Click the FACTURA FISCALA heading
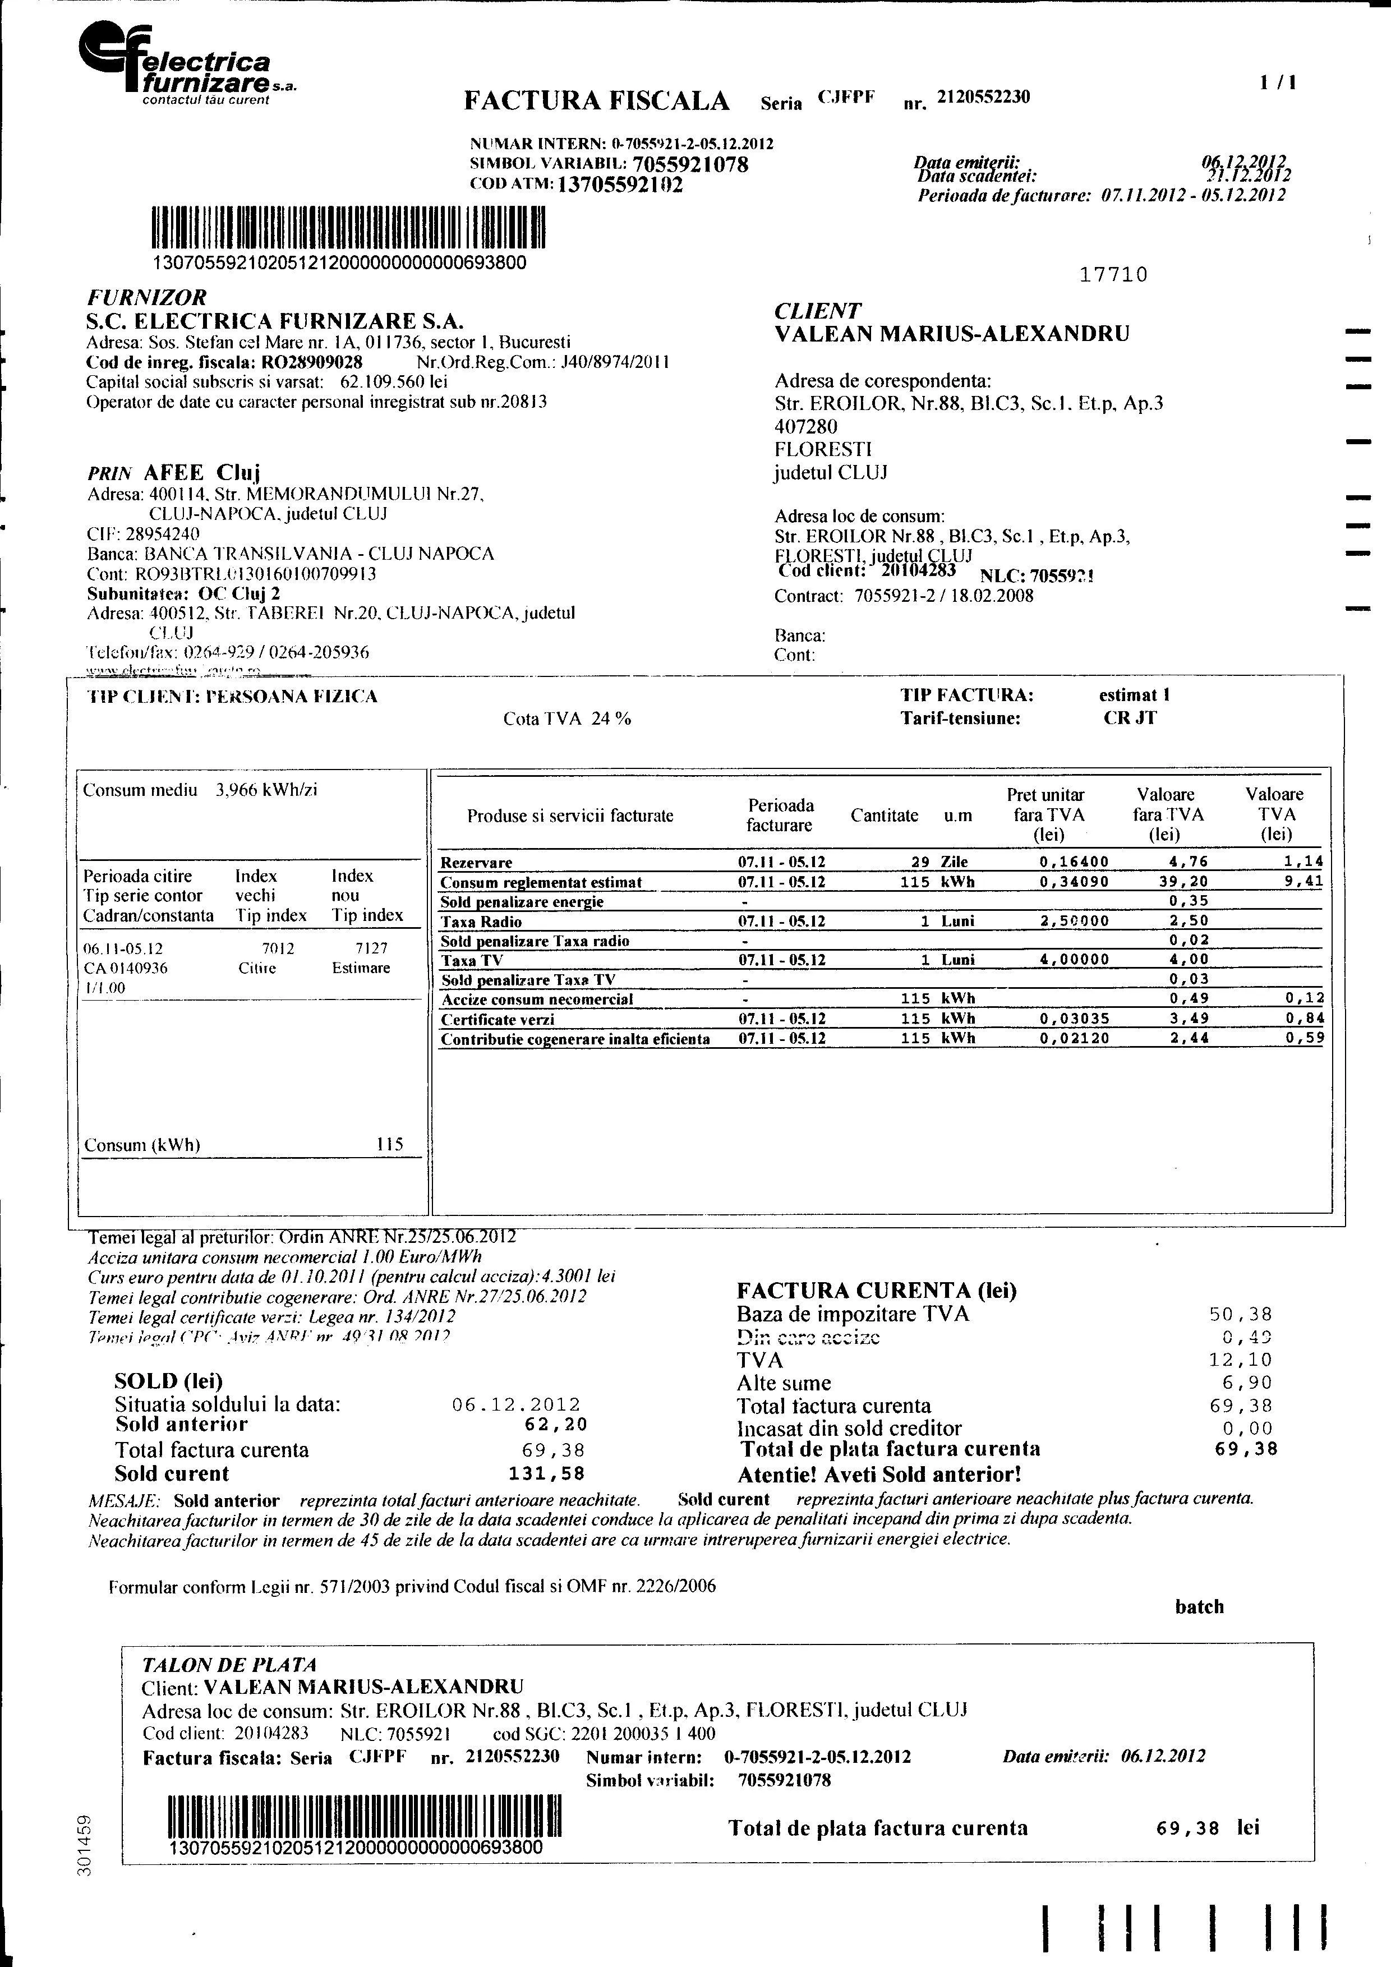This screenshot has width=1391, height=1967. coord(596,101)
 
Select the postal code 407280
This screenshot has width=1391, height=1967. coord(806,426)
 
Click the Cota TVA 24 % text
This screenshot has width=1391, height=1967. coord(567,719)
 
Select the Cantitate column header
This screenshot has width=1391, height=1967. coord(884,815)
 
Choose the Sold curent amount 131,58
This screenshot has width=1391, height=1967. coord(554,1473)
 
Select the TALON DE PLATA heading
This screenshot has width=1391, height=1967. coord(229,1665)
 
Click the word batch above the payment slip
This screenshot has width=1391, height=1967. coord(1199,1606)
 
